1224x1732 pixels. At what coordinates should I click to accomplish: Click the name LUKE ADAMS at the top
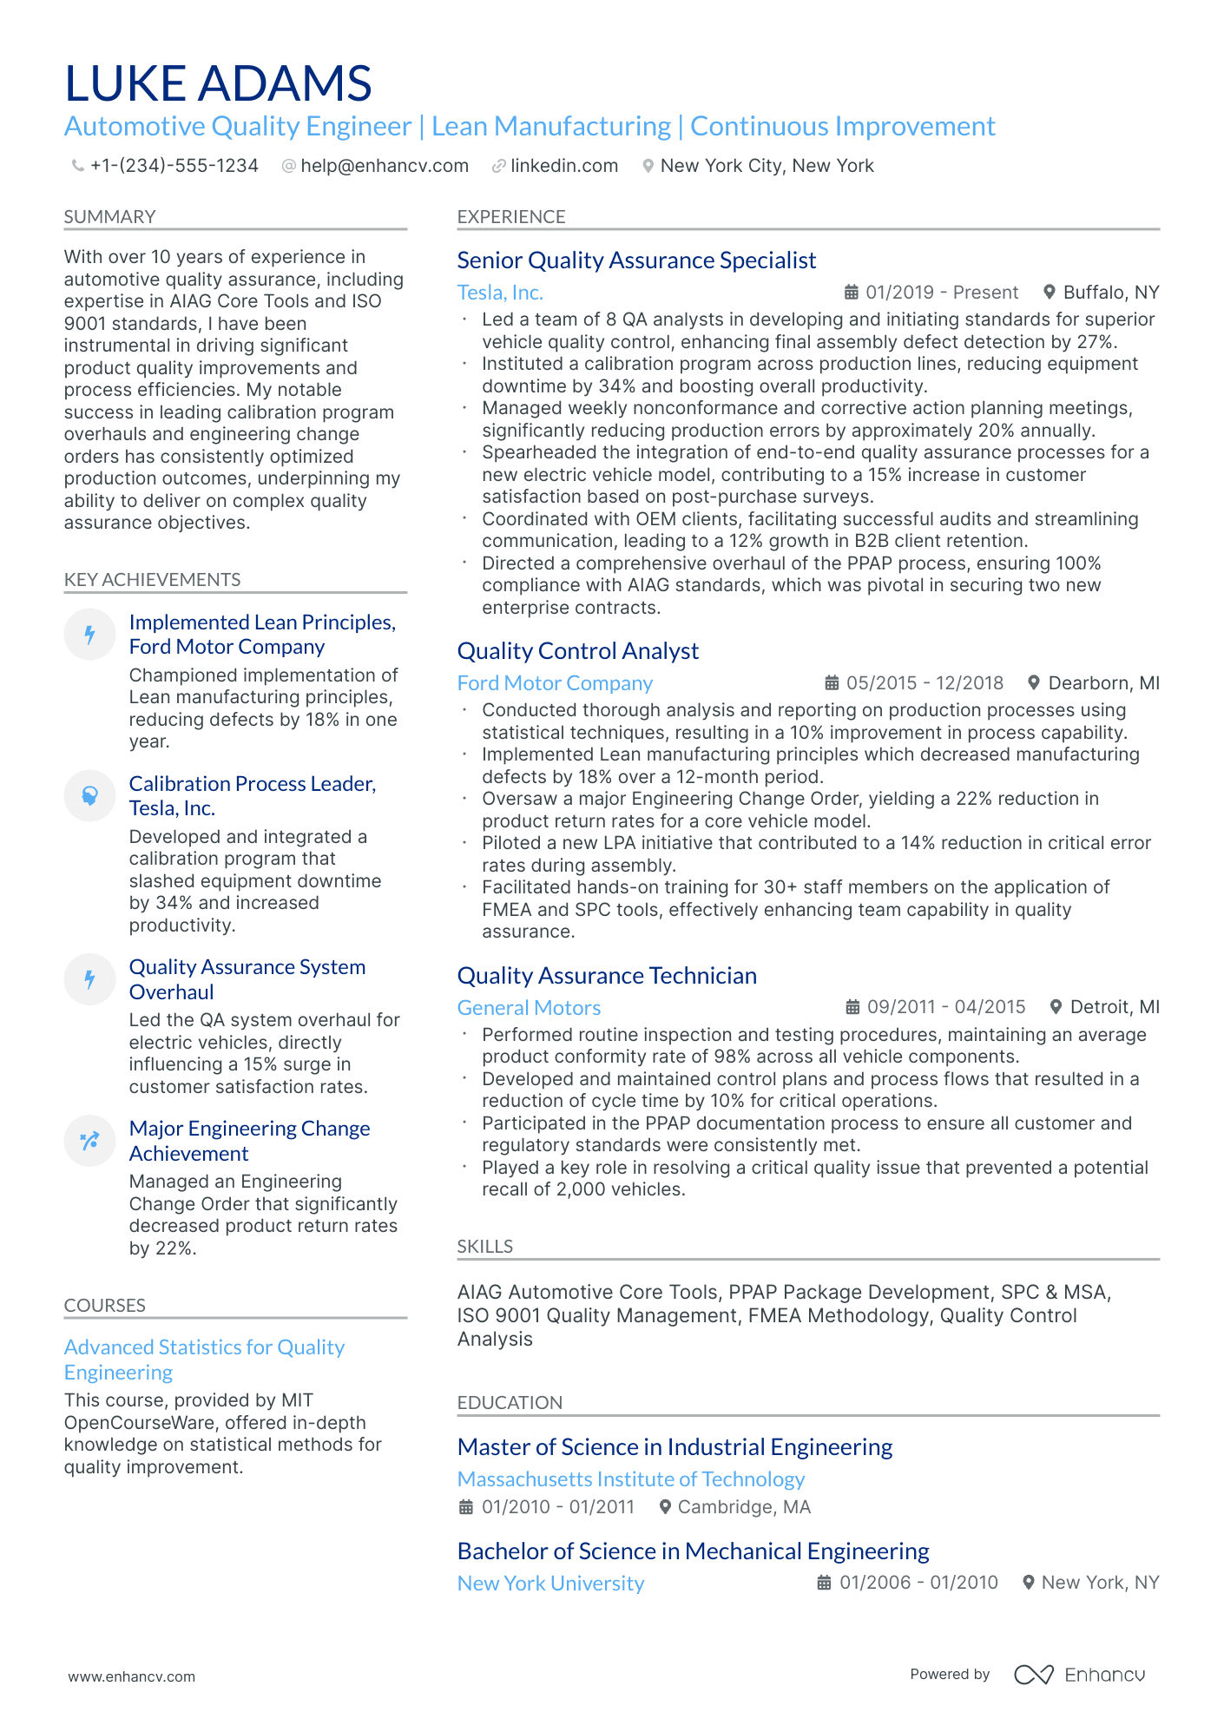[x=218, y=83]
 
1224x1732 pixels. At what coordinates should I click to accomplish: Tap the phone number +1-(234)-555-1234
[x=174, y=166]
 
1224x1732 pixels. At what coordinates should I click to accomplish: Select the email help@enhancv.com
[x=384, y=166]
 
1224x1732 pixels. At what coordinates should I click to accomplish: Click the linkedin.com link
[x=563, y=166]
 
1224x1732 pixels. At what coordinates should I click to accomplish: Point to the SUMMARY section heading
[x=109, y=217]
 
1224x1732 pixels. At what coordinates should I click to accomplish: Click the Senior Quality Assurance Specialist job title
[x=636, y=260]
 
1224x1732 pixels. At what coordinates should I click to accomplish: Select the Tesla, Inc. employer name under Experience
[x=500, y=293]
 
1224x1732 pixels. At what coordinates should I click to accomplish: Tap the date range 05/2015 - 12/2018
[x=924, y=683]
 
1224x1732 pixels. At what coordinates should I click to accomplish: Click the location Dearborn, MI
[x=1102, y=683]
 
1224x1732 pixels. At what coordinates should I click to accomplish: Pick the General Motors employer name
[x=529, y=1008]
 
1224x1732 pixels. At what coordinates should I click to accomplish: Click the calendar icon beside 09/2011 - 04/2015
[x=852, y=1007]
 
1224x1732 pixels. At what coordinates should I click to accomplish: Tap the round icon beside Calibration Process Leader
[x=89, y=795]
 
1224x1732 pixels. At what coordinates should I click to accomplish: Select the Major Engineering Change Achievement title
[x=249, y=1141]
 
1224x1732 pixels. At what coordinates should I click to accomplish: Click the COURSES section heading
[x=104, y=1306]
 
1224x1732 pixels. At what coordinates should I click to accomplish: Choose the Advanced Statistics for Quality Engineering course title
[x=204, y=1360]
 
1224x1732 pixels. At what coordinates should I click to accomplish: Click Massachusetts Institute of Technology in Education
[x=630, y=1479]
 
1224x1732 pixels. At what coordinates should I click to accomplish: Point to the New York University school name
[x=550, y=1584]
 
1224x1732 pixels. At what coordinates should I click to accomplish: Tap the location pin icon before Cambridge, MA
[x=665, y=1507]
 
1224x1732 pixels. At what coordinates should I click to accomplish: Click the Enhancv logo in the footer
[x=1079, y=1675]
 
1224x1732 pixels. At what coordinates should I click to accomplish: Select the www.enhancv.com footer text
[x=132, y=1677]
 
